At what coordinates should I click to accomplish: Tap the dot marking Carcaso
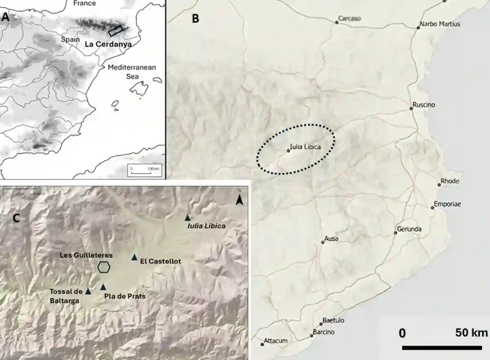pyautogui.click(x=337, y=22)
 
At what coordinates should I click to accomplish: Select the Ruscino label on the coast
pyautogui.click(x=424, y=105)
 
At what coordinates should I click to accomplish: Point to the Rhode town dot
pyautogui.click(x=439, y=185)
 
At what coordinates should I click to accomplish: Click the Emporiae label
pyautogui.click(x=447, y=204)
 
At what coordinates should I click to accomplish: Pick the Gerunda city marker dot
pyautogui.click(x=395, y=233)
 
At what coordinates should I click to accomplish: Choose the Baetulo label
pyautogui.click(x=333, y=320)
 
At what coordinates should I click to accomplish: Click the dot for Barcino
pyautogui.click(x=312, y=336)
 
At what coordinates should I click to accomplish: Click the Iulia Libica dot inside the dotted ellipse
pyautogui.click(x=288, y=151)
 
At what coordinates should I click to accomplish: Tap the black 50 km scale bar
pyautogui.click(x=442, y=348)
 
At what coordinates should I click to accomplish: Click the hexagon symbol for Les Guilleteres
pyautogui.click(x=104, y=267)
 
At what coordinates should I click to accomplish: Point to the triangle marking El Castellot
pyautogui.click(x=134, y=257)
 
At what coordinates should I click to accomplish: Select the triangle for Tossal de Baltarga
pyautogui.click(x=88, y=291)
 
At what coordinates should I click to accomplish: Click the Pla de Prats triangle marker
pyautogui.click(x=103, y=287)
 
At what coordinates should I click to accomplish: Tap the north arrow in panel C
pyautogui.click(x=240, y=200)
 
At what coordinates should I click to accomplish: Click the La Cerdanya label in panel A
pyautogui.click(x=108, y=44)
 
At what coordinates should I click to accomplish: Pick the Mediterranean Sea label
pyautogui.click(x=132, y=72)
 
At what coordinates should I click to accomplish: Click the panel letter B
pyautogui.click(x=196, y=18)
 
